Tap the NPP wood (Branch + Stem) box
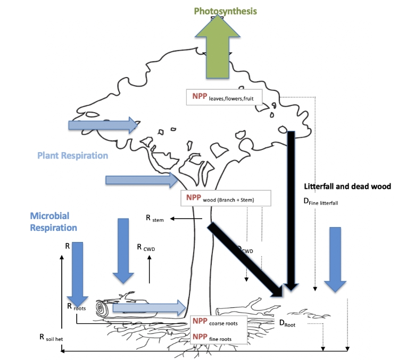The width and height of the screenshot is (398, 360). (226, 198)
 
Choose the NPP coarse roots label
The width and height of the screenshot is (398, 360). (219, 322)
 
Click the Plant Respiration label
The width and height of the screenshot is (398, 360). (72, 156)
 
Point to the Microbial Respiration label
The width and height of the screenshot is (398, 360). (53, 222)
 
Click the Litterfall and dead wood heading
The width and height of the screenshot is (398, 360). (347, 187)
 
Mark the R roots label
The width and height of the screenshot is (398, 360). (77, 306)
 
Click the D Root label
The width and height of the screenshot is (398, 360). (288, 322)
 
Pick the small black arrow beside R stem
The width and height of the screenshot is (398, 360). (181, 218)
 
